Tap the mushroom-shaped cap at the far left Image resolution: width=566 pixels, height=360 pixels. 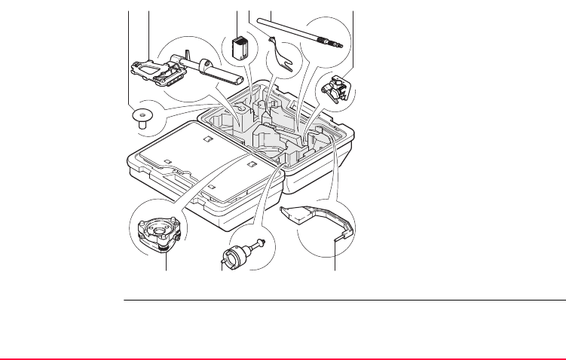pyautogui.click(x=140, y=117)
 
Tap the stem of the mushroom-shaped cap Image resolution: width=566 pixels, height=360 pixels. pyautogui.click(x=140, y=126)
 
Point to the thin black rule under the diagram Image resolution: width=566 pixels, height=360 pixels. pyautogui.click(x=344, y=301)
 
